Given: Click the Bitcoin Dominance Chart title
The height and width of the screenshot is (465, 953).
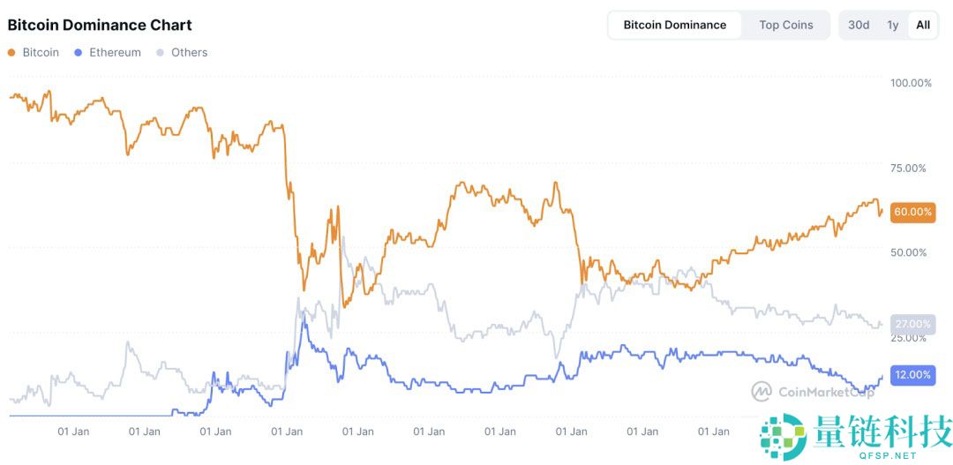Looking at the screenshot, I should coord(100,25).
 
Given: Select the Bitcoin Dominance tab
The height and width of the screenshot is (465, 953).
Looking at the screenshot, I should coord(674,25).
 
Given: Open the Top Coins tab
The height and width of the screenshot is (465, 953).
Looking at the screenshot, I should coord(785,25).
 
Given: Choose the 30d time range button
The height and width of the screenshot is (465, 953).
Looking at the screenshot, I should coord(859,25).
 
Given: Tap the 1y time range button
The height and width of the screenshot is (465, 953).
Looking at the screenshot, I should coord(893,25).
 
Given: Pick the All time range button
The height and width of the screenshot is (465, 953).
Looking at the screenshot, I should coord(922,25).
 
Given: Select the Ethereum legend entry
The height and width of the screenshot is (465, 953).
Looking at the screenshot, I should coord(108,52).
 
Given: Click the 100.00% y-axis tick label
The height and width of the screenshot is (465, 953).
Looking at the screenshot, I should coord(911,83).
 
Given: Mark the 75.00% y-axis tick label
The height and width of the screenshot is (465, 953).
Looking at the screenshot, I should coord(911,168).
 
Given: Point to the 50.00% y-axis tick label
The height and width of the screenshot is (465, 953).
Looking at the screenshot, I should coord(911,252).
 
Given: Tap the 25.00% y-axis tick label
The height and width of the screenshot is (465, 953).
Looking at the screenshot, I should coord(911,338).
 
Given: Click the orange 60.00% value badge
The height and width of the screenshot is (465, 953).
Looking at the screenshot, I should coord(912,212).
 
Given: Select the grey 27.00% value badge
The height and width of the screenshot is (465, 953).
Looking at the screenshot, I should coord(912,324).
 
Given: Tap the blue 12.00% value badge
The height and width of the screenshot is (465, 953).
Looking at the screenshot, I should coord(912,375).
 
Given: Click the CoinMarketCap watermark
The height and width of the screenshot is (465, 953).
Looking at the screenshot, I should coord(812,391).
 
